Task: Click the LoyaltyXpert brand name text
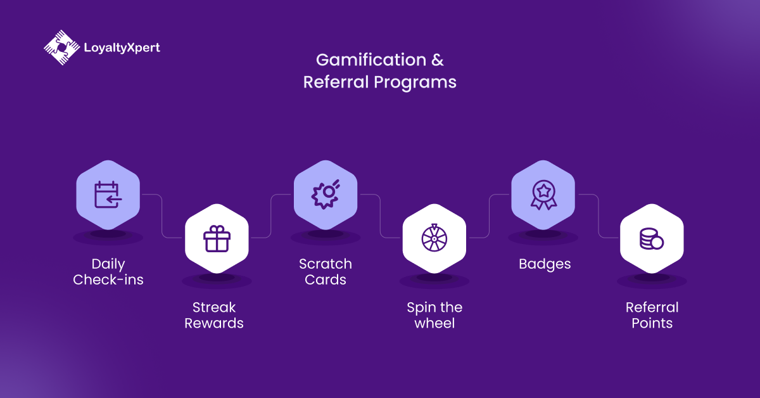[x=122, y=48]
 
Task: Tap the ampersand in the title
[x=438, y=60]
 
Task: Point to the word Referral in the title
[x=335, y=82]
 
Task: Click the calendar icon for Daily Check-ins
[x=108, y=195]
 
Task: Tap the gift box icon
[x=217, y=238]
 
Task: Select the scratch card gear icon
[x=326, y=195]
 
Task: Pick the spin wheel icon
[x=434, y=238]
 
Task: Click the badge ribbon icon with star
[x=543, y=195]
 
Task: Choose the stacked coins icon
[x=651, y=238]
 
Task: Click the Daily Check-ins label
[x=108, y=271]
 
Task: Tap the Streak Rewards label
[x=214, y=315]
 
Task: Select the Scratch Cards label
[x=326, y=271]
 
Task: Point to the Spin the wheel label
[x=434, y=315]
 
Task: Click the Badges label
[x=545, y=264]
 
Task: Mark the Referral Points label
[x=652, y=315]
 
